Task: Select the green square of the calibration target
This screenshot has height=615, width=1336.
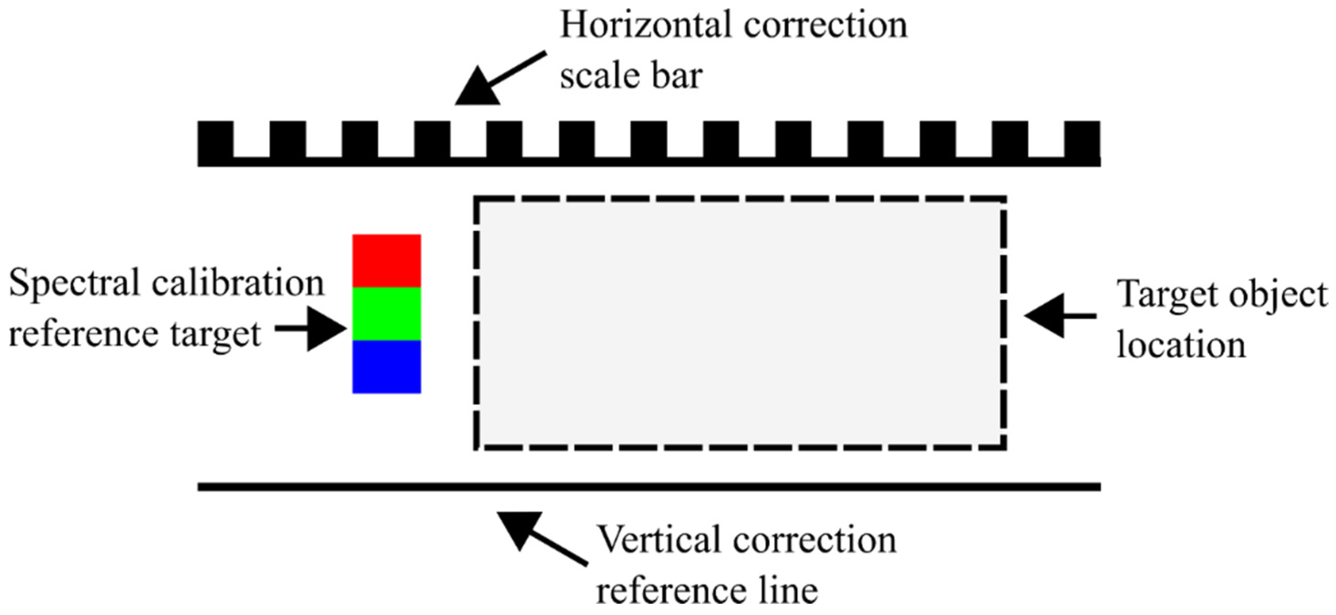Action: click(387, 314)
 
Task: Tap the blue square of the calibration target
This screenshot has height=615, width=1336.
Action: click(387, 367)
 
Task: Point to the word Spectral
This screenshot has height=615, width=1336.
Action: click(75, 284)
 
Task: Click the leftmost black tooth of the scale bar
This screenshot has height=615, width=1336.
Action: click(215, 138)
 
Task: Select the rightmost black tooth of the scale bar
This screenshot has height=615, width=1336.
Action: click(1082, 138)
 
